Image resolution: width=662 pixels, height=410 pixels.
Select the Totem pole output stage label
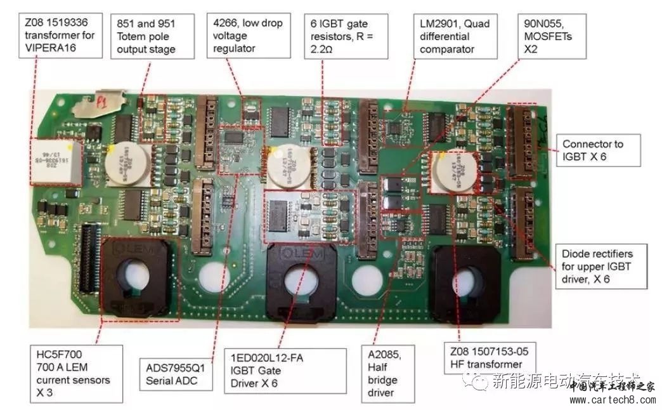[152, 36]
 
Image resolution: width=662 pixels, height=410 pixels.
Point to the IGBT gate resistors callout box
[345, 36]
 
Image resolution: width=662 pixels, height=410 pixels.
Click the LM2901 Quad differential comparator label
[455, 36]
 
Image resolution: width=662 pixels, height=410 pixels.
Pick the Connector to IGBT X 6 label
[597, 150]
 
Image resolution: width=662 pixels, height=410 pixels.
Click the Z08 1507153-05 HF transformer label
[487, 357]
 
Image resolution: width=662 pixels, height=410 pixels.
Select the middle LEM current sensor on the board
[297, 279]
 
